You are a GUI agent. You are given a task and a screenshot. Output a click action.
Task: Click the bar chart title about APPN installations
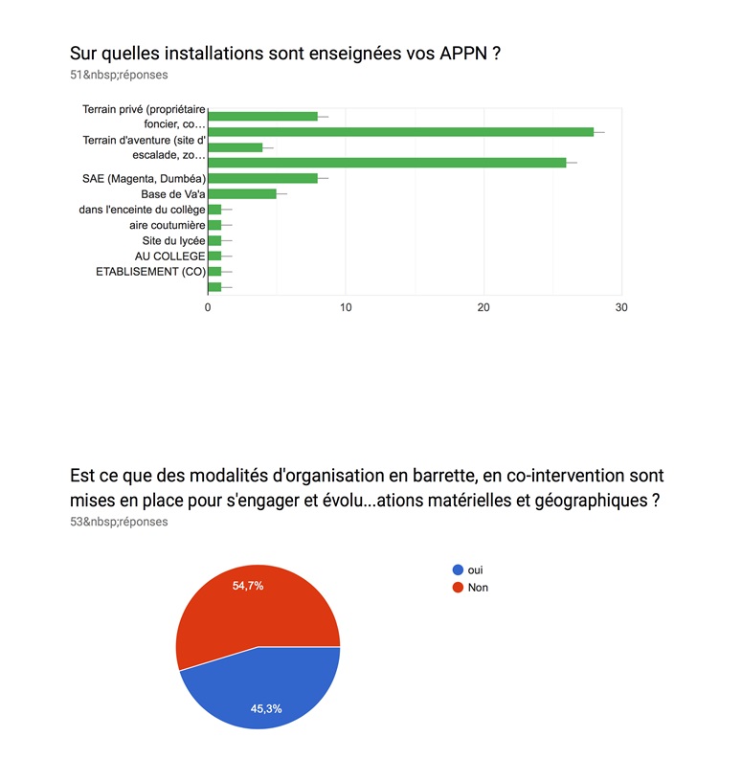point(285,54)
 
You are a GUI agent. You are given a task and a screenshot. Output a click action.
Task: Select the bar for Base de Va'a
point(242,193)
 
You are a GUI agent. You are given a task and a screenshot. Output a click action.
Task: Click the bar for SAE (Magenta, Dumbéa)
point(262,178)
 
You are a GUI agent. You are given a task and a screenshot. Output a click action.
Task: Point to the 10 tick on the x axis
point(346,307)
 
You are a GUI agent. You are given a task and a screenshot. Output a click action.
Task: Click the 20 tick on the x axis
point(483,307)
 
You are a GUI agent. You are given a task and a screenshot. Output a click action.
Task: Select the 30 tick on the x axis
point(621,307)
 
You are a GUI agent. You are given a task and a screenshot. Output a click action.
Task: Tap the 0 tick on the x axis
point(208,307)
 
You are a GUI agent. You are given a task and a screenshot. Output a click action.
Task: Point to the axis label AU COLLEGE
point(170,256)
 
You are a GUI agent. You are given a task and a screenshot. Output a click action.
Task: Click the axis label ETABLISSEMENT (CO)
point(150,271)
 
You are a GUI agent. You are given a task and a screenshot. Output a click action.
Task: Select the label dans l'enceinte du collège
point(143,210)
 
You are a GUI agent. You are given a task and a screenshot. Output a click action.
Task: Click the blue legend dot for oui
point(458,569)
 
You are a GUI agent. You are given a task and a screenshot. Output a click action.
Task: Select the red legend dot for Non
point(458,587)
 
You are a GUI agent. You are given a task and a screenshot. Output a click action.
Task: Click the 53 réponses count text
point(119,522)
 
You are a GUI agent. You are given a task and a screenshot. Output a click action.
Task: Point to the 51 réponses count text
point(119,74)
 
